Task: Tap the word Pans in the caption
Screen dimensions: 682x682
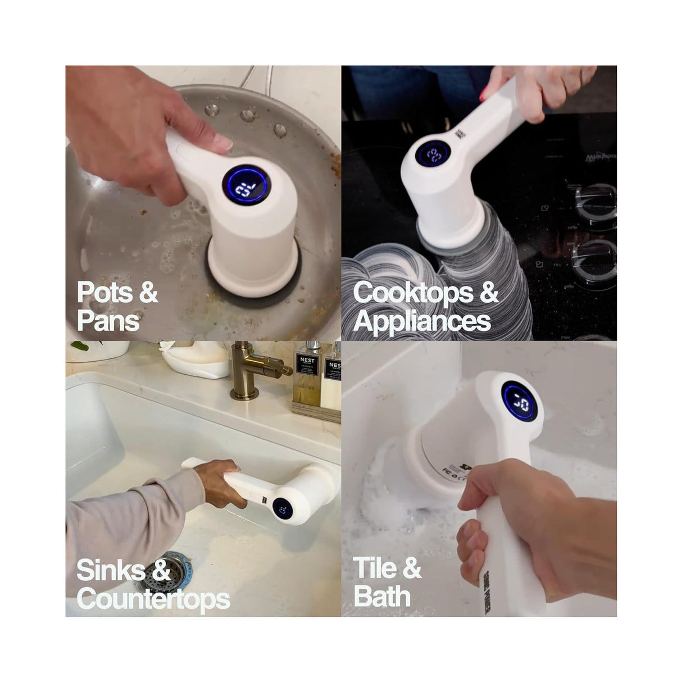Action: coord(108,321)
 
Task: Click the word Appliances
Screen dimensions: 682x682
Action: coord(422,321)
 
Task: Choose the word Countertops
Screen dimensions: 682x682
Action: coord(153,599)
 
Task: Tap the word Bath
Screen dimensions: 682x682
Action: coord(382,597)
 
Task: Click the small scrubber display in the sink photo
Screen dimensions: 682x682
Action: coord(283,510)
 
